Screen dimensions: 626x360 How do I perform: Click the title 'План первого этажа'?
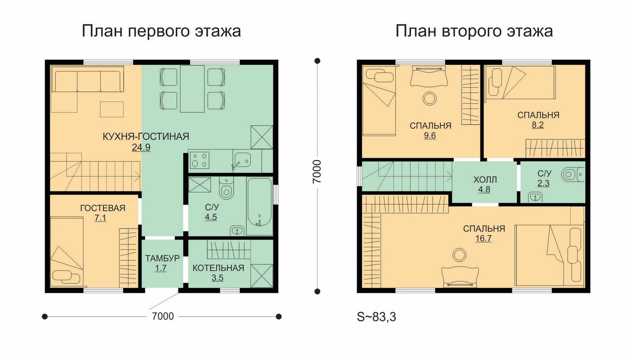tap(161, 31)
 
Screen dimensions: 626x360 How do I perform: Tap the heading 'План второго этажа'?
tap(474, 31)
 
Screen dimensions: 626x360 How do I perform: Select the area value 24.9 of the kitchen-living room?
tap(141, 147)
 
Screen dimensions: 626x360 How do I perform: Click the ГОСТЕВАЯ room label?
tap(103, 208)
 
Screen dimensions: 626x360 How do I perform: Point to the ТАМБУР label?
tap(162, 258)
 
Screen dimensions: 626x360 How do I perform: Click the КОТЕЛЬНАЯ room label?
tap(218, 268)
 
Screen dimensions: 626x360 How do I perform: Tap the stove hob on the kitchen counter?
tap(199, 160)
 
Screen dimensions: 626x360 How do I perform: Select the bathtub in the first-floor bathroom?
tap(260, 206)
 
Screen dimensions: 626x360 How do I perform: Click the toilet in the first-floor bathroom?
tap(226, 189)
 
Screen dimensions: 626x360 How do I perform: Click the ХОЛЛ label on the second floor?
tap(485, 179)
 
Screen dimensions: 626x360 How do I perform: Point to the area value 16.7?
tap(484, 238)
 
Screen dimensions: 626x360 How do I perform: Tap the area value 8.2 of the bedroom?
tap(537, 125)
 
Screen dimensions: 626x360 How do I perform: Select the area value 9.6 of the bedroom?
tap(430, 136)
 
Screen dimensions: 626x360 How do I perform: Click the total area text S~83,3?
tap(377, 317)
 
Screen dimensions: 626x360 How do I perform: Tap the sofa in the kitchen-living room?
tap(88, 79)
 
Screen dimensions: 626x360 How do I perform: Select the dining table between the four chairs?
tap(192, 89)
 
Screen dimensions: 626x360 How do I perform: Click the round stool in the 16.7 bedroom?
tap(459, 255)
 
